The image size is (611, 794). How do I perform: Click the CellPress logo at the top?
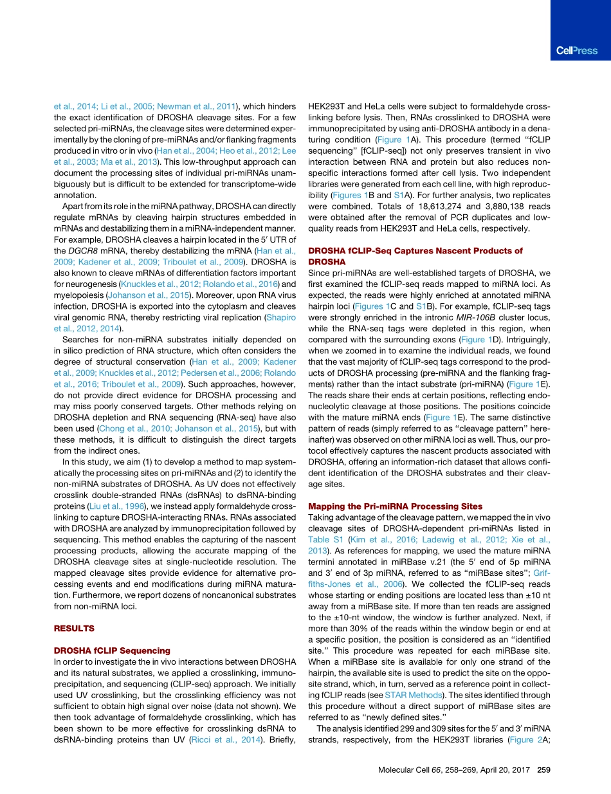pos(576,51)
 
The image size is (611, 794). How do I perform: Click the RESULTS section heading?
pos(74,628)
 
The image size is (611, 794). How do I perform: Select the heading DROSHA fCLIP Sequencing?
pos(112,651)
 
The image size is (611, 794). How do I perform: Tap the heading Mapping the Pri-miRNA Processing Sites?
pos(395,506)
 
